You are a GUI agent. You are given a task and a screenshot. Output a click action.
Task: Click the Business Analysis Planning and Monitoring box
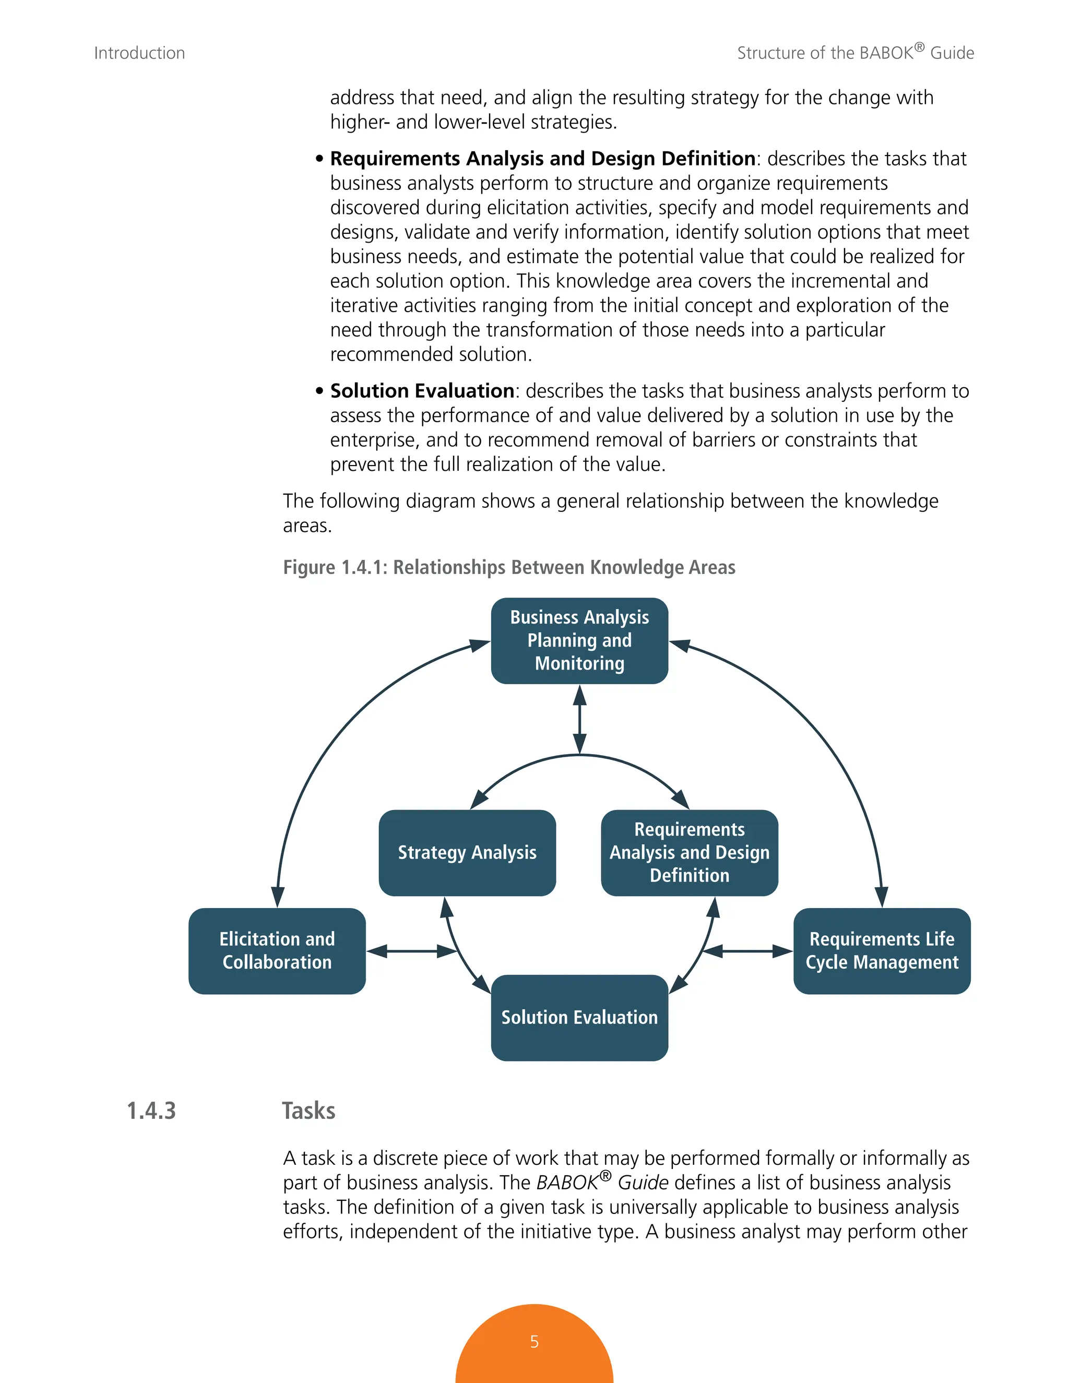(x=579, y=640)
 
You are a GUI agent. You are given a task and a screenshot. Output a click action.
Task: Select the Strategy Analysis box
(x=467, y=852)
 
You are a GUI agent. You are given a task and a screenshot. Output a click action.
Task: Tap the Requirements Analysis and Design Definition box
(x=689, y=852)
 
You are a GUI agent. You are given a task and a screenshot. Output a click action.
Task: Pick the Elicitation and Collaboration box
(x=277, y=950)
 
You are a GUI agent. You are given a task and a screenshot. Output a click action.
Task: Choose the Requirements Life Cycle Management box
(x=882, y=950)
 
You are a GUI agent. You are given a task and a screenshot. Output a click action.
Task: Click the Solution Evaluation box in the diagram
(x=579, y=1017)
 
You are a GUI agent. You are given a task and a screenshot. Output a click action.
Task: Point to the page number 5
(x=534, y=1341)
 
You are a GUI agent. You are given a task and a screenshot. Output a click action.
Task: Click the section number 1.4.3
(x=151, y=1111)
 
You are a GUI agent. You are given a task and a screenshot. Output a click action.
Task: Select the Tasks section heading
(x=308, y=1111)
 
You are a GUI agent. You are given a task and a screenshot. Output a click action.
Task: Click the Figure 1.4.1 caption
(x=508, y=567)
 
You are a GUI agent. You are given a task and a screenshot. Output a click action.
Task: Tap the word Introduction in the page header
(x=139, y=53)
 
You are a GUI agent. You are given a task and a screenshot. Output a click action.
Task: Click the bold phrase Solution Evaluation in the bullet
(x=422, y=391)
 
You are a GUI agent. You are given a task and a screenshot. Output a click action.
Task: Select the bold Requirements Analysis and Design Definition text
(x=543, y=158)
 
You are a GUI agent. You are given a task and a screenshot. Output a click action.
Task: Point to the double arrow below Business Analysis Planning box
(x=579, y=719)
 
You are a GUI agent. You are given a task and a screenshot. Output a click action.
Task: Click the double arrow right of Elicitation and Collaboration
(x=412, y=950)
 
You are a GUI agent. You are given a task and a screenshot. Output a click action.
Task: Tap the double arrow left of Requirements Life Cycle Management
(x=747, y=950)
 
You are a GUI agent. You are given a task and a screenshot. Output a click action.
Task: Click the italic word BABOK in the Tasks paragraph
(x=567, y=1182)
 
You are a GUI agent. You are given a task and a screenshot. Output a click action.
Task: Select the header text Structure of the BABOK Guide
(x=855, y=53)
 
